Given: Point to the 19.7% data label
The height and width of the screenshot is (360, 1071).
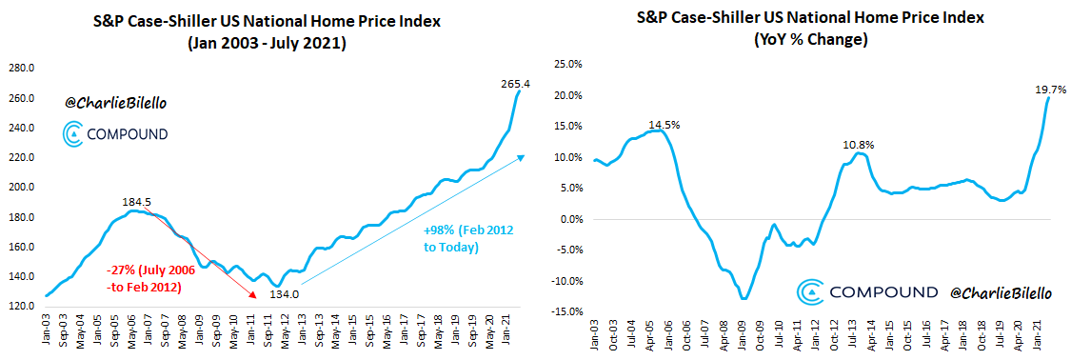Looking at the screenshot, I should tap(1047, 89).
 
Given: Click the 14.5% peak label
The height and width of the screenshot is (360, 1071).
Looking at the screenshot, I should tap(664, 124).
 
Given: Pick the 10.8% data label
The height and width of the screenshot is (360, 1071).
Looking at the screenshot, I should tap(858, 145).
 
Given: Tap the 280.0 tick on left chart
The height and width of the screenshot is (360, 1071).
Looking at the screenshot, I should tap(22, 69).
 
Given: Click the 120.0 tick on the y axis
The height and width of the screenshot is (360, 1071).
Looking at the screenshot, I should tap(22, 307).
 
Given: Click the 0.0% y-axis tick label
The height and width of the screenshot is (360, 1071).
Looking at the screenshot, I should tap(568, 219).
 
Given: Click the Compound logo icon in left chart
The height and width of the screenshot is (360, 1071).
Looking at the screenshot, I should tap(72, 134).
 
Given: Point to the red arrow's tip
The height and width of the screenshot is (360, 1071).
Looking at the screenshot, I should tap(255, 298).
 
